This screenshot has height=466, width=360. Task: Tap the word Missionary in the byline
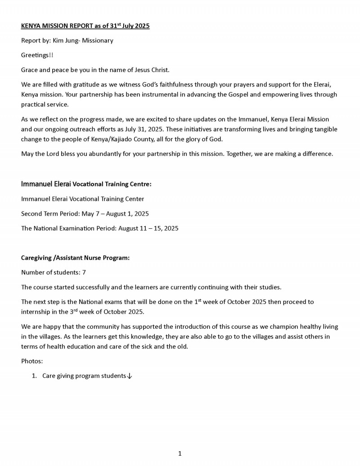pyautogui.click(x=98, y=41)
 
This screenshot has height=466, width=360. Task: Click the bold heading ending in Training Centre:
pyautogui.click(x=86, y=184)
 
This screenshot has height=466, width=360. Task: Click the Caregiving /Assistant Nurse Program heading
pyautogui.click(x=76, y=258)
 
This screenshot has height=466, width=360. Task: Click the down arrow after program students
pyautogui.click(x=130, y=376)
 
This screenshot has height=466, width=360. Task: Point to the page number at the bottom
pyautogui.click(x=180, y=453)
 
